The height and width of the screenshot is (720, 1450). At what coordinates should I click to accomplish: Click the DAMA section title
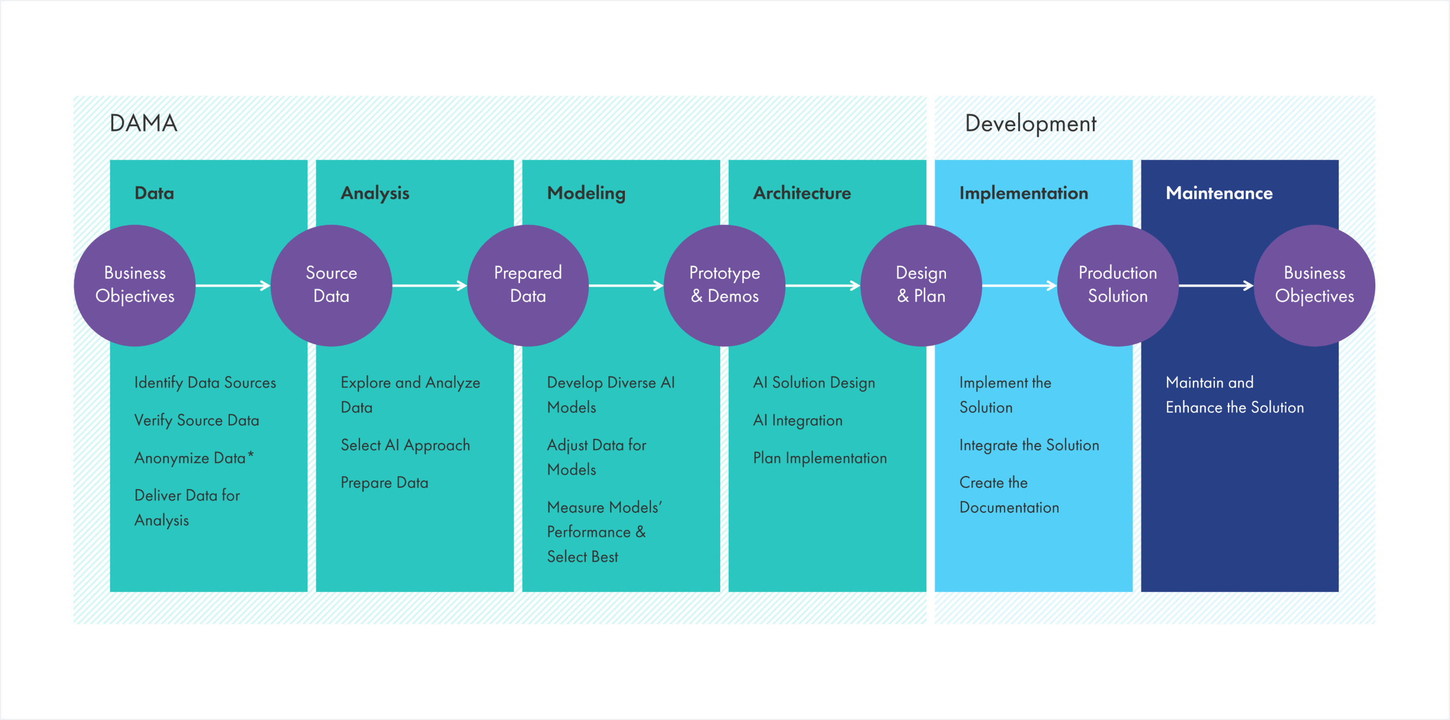tap(143, 123)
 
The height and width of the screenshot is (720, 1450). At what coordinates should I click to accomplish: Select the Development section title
tap(1030, 124)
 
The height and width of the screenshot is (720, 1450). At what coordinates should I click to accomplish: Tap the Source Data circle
tap(331, 285)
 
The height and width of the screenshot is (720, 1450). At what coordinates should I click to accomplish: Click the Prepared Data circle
tap(528, 285)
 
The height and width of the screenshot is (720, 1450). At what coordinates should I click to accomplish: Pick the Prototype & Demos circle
tap(724, 285)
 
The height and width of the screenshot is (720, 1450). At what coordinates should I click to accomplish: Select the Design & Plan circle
tap(921, 285)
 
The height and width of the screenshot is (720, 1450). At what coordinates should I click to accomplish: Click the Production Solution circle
tap(1118, 285)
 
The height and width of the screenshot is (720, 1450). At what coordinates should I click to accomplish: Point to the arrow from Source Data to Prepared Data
tap(429, 285)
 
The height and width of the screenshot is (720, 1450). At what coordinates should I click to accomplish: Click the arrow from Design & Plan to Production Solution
tap(1019, 285)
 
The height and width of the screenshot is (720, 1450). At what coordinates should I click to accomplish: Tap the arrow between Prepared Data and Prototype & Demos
tap(626, 285)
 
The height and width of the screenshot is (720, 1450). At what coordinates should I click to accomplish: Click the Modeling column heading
tap(586, 193)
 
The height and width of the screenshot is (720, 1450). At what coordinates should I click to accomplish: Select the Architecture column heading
tap(801, 193)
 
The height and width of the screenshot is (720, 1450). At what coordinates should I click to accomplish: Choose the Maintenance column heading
tap(1219, 193)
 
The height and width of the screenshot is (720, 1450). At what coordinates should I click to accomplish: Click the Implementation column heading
tap(1024, 193)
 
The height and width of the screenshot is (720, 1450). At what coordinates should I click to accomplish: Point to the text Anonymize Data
tap(190, 458)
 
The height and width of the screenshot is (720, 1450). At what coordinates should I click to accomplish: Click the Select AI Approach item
tap(405, 445)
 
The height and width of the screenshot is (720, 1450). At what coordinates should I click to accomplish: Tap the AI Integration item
tap(797, 420)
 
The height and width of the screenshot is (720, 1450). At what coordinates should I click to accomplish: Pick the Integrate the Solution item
tap(1029, 445)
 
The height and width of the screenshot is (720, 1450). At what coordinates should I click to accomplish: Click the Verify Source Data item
tap(197, 420)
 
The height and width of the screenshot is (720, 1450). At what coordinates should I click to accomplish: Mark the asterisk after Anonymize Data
tap(251, 454)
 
